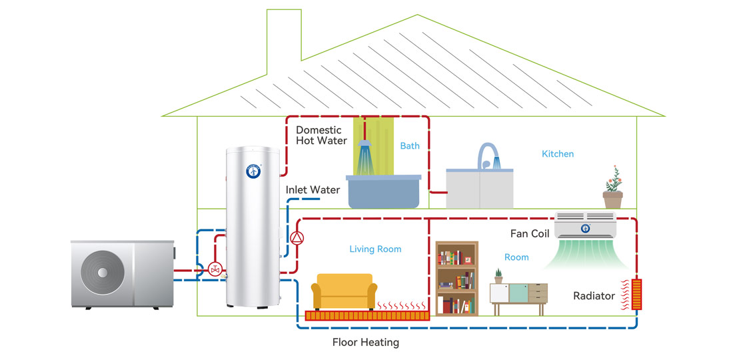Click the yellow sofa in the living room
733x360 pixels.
pos(345,292)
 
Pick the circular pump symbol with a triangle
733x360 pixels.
pos(297,237)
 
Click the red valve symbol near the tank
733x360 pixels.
pos(215,269)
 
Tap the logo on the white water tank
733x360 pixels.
pos(253,171)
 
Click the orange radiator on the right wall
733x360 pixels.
pos(637,294)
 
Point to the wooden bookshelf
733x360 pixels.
pos(457,277)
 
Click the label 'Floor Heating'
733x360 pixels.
pos(365,343)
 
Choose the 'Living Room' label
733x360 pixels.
pos(375,249)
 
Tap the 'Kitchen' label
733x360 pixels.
pos(558,154)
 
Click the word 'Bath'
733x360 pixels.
pos(410,145)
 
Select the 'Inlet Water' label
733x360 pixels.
pos(313,190)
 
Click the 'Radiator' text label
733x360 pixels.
pos(594,295)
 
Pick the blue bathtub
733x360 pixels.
pos(384,191)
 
